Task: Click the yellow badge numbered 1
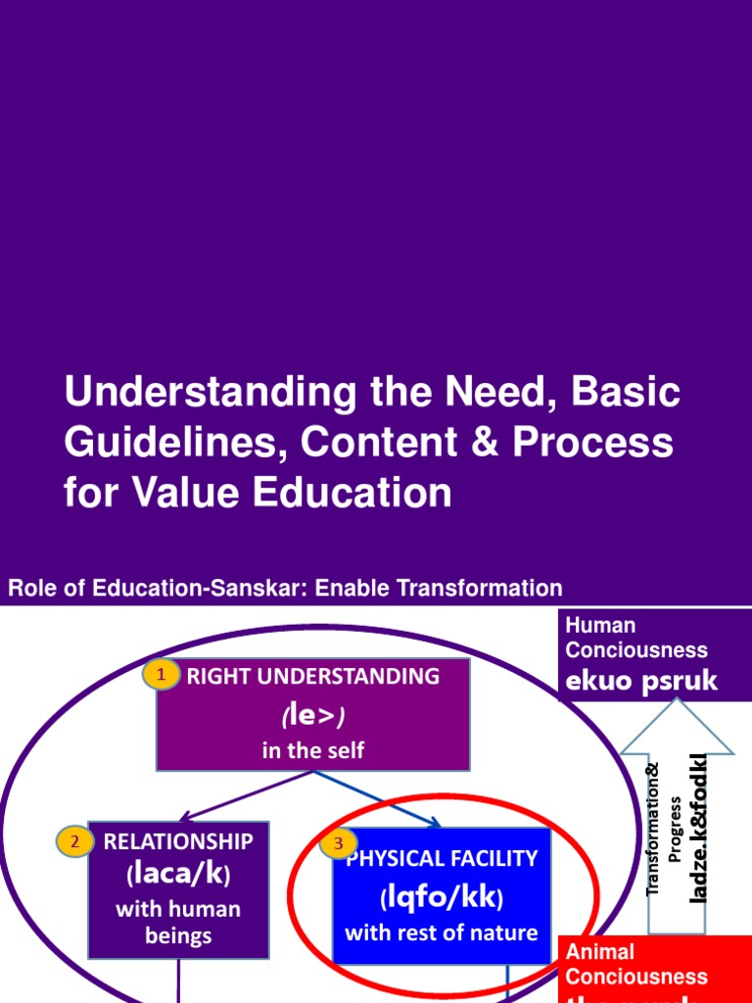[163, 675]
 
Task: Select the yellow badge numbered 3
[338, 842]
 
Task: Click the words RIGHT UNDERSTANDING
[313, 676]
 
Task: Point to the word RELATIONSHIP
[178, 841]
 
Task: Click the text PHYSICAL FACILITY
[442, 859]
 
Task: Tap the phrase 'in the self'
[312, 751]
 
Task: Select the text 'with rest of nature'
[442, 931]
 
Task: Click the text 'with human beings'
[178, 922]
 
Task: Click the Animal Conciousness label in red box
[636, 964]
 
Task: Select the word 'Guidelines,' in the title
[176, 443]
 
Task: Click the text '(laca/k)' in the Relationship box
[178, 874]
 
